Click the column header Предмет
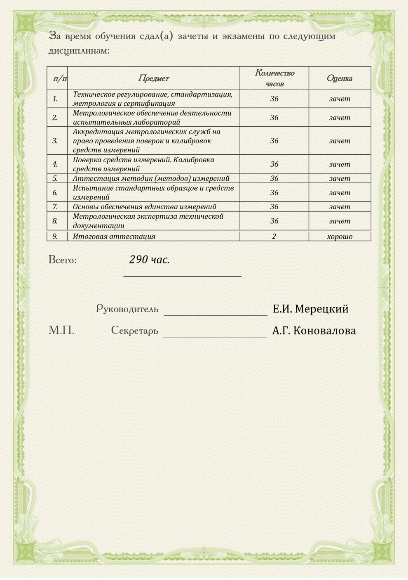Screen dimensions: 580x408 (x=153, y=78)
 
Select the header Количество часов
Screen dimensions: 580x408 (x=274, y=78)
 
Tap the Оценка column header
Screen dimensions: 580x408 (x=340, y=78)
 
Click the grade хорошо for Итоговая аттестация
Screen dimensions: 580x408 (x=340, y=237)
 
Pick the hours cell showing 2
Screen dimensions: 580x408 (x=274, y=237)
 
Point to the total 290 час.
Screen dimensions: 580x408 (x=149, y=260)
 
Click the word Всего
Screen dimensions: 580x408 (x=62, y=260)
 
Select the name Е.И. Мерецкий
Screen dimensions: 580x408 (x=310, y=309)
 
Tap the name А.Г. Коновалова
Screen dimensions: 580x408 (x=314, y=331)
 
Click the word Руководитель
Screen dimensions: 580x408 (x=127, y=309)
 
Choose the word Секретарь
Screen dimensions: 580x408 (x=134, y=331)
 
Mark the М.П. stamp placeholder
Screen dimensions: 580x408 (x=61, y=330)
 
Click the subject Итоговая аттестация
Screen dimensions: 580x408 (x=114, y=237)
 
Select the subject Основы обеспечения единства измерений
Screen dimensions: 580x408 (x=144, y=207)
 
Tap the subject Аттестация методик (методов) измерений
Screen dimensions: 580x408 (x=151, y=178)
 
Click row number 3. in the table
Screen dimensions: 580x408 (x=55, y=141)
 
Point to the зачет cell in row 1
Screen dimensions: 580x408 (x=340, y=99)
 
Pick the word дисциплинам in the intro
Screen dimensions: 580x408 (x=79, y=51)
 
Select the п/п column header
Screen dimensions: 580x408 (x=60, y=78)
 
